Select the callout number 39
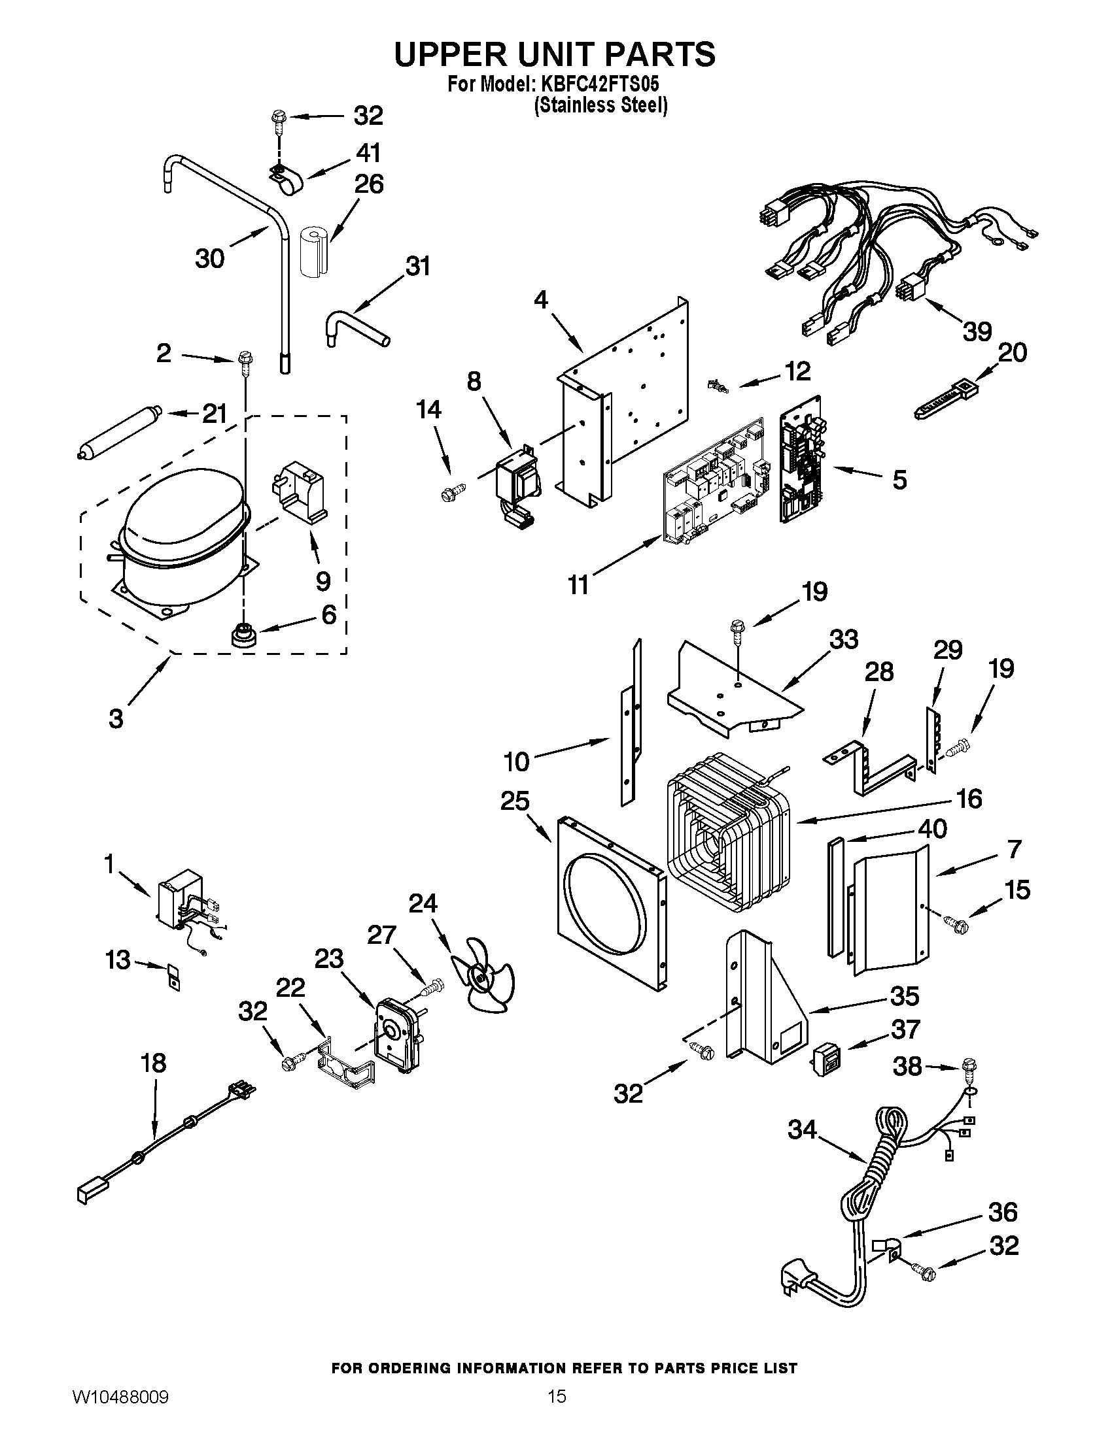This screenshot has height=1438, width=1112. pos(977,331)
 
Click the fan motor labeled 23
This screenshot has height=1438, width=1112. pos(396,1044)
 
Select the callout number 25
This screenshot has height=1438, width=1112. pos(515,801)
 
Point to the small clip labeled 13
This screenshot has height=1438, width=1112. pos(174,976)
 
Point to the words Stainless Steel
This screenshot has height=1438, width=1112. pos(600,105)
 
